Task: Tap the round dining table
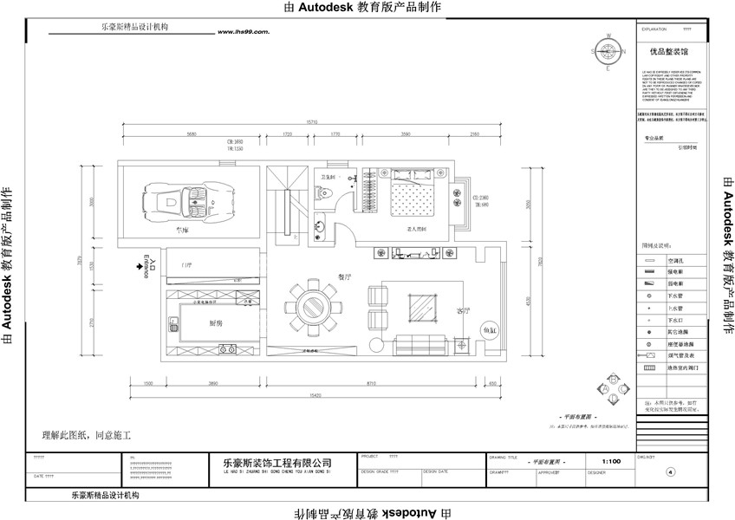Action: coord(309,306)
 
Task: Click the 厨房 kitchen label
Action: coord(218,322)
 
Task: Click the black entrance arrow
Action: coord(140,268)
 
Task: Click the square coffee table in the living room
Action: coord(424,307)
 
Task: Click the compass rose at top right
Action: coord(608,51)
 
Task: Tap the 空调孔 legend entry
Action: coord(677,259)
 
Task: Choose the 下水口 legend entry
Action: coord(677,320)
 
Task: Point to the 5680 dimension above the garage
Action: coord(192,134)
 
